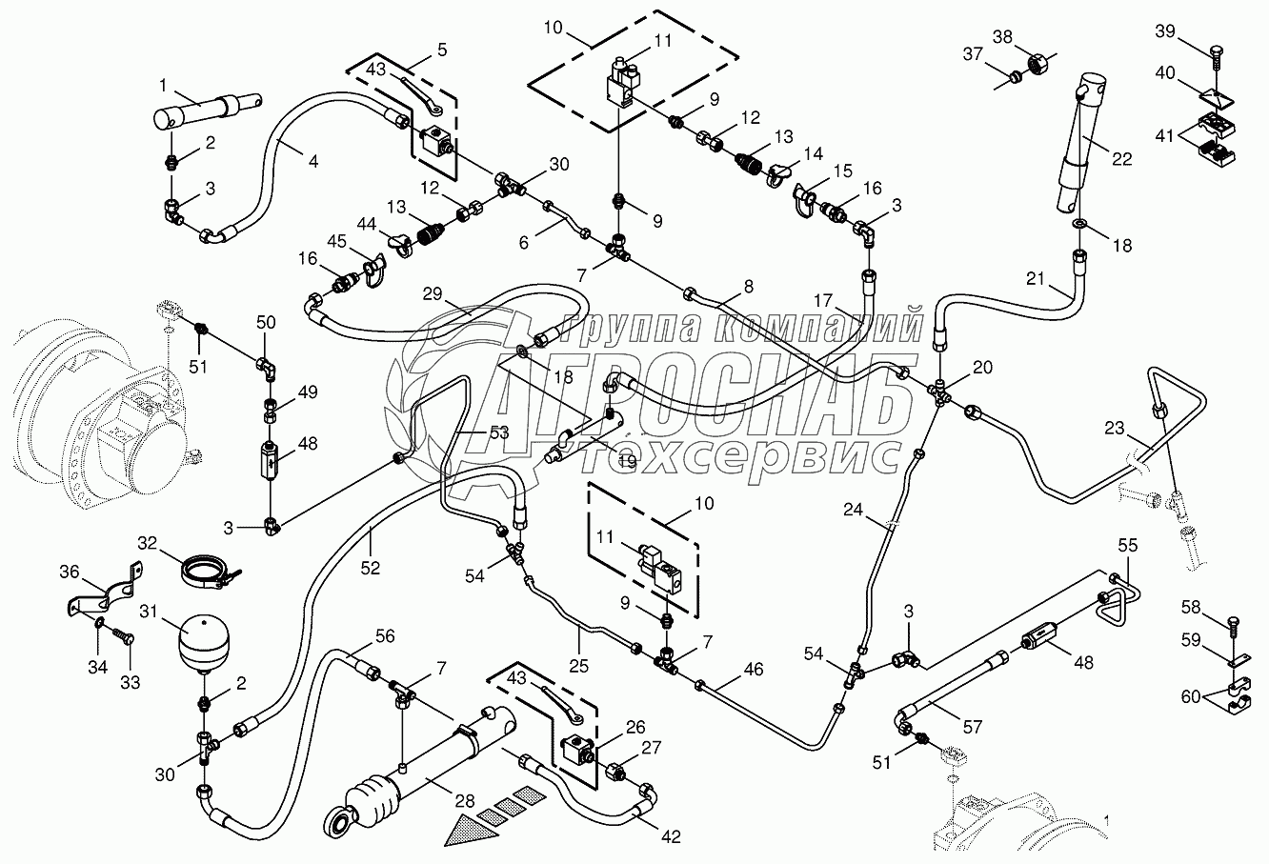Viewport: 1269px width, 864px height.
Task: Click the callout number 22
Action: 1121,159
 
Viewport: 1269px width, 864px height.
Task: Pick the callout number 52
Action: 370,567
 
